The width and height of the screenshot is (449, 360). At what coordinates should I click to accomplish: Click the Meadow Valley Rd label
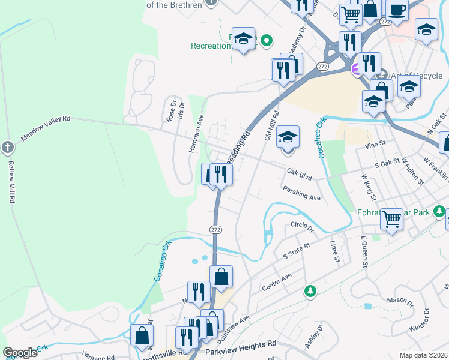click(x=46, y=128)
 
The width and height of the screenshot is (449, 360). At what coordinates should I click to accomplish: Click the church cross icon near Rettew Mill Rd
click(x=7, y=147)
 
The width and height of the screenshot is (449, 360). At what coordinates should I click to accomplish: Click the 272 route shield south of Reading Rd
click(x=215, y=229)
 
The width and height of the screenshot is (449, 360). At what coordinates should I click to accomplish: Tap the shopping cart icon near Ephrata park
click(x=391, y=218)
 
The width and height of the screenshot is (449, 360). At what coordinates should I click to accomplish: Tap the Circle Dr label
click(x=302, y=227)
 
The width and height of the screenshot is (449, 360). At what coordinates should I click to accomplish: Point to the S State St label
click(x=296, y=251)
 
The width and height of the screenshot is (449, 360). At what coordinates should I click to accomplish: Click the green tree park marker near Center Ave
click(x=310, y=291)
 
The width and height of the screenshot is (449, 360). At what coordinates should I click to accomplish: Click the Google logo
click(x=20, y=353)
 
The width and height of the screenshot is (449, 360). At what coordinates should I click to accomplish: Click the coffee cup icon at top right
click(x=397, y=9)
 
